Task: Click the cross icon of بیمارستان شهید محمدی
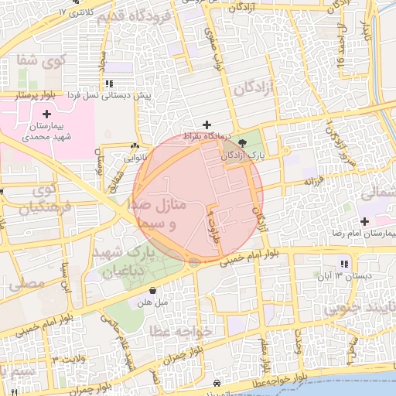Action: coord(47,114)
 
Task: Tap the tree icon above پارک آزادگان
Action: coord(244,143)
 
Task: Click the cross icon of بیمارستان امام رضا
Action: coord(364,221)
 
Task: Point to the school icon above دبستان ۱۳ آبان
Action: coord(344,264)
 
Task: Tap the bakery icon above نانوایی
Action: coord(135,145)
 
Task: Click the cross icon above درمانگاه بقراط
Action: coord(206,125)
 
